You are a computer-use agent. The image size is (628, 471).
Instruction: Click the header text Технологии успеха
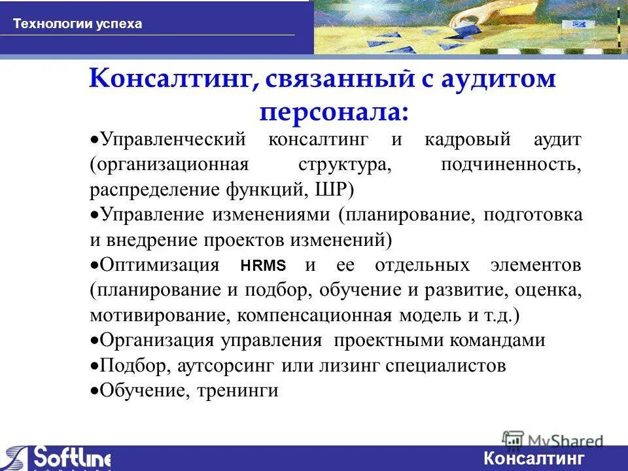pyautogui.click(x=77, y=24)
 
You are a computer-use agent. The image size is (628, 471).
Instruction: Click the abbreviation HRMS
pyautogui.click(x=263, y=266)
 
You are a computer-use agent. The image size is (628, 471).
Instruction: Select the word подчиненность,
pyautogui.click(x=511, y=165)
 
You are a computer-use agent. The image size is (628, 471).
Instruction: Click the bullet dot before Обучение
pyautogui.click(x=94, y=391)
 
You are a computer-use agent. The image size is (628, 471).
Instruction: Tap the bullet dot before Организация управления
pyautogui.click(x=94, y=341)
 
